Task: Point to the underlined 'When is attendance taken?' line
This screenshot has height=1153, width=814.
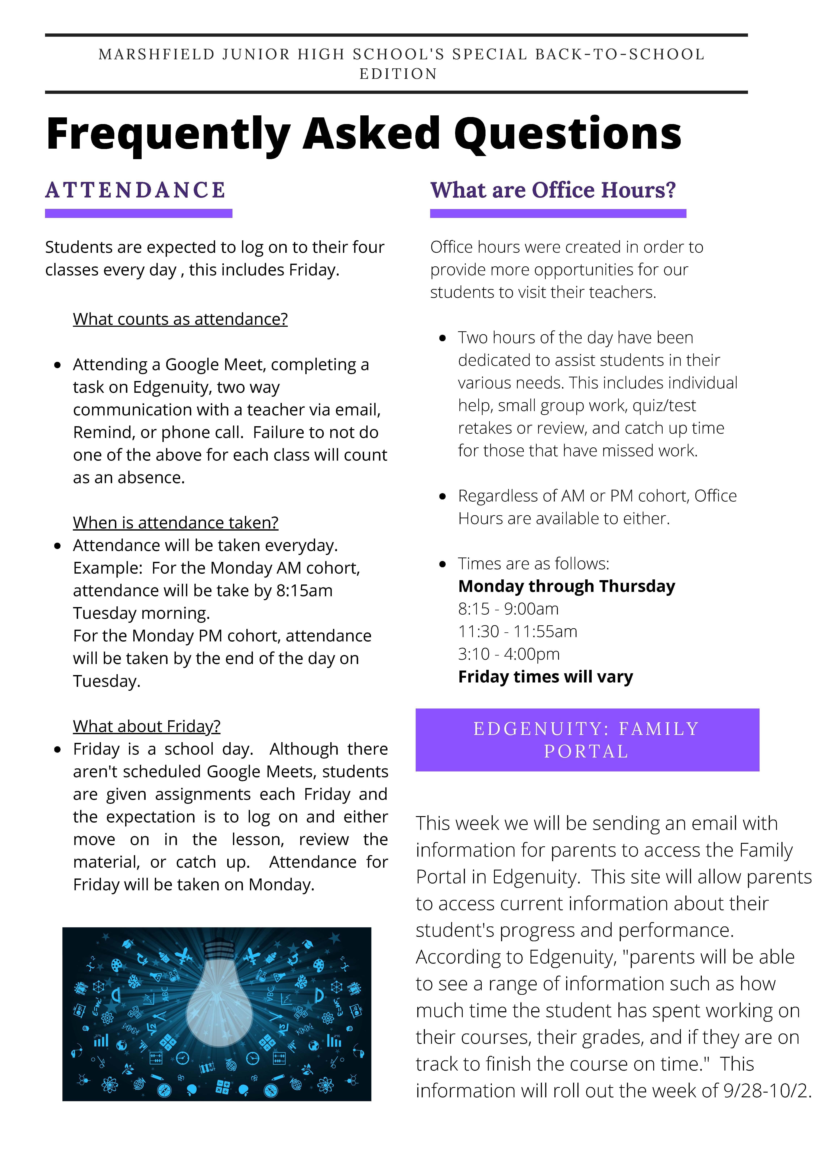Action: click(175, 523)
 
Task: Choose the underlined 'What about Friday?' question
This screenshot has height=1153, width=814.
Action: click(147, 726)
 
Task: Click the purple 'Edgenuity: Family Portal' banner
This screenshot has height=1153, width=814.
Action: click(587, 740)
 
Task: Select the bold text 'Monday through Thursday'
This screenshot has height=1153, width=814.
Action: click(566, 586)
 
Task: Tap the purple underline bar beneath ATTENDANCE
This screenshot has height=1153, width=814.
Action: click(139, 213)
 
